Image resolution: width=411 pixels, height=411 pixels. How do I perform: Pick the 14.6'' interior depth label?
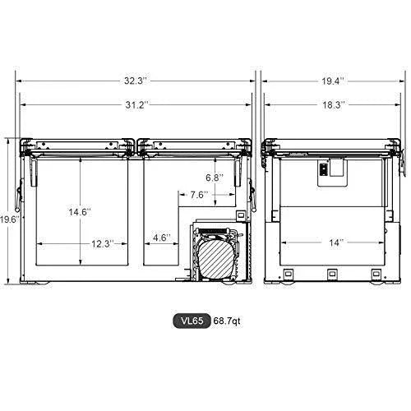click(80, 212)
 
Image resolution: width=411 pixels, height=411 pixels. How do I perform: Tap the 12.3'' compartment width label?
click(102, 243)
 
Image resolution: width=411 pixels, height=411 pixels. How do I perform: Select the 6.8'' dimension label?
click(214, 177)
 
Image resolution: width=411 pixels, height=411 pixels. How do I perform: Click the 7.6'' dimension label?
click(197, 195)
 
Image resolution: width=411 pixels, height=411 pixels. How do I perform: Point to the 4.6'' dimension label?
click(161, 238)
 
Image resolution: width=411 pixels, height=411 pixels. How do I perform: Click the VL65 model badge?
click(192, 321)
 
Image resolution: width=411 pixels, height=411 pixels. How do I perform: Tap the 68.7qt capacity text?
click(226, 321)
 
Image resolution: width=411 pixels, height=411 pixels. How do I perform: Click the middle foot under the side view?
click(332, 275)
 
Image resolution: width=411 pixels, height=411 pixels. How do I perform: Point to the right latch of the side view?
click(401, 164)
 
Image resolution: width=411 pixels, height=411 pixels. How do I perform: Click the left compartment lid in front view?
click(78, 145)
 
